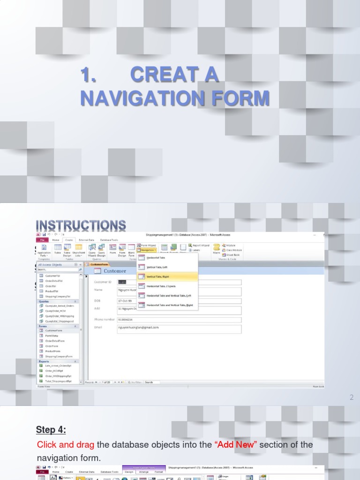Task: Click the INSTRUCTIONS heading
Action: tap(81, 225)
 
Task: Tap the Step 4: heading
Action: tap(51, 430)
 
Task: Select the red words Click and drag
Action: tap(66, 444)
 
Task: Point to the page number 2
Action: tap(351, 398)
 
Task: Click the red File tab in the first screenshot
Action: tap(41, 240)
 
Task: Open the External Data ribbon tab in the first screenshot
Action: tap(86, 240)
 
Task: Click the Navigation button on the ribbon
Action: tap(146, 250)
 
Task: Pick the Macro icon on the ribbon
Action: tap(217, 248)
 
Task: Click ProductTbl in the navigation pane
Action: tap(52, 291)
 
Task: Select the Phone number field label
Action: tap(104, 319)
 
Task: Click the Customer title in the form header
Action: tap(115, 271)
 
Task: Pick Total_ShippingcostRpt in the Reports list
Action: tap(58, 381)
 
